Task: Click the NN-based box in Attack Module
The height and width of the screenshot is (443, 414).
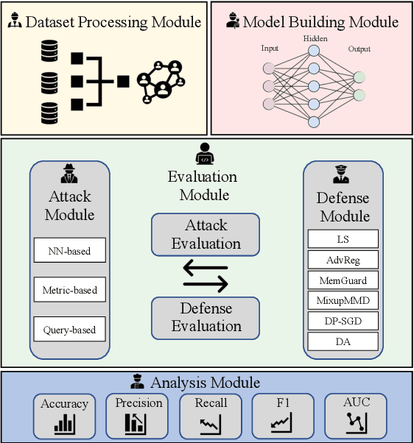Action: click(70, 251)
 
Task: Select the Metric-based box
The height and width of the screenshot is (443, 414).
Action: click(70, 290)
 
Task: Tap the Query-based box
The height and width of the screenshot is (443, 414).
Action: click(70, 329)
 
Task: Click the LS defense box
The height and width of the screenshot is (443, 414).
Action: click(343, 238)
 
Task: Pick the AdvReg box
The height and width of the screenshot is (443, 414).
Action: click(343, 259)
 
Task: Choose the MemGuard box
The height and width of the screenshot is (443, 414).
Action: click(343, 280)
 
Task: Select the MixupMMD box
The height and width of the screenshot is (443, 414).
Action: click(343, 300)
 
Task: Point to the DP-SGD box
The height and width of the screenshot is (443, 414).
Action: click(343, 321)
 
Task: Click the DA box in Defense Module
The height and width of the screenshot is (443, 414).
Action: click(343, 341)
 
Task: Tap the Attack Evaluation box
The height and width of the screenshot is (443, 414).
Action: click(206, 234)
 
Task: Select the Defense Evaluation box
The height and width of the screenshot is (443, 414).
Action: click(206, 317)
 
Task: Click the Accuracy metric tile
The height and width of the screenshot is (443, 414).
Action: click(65, 414)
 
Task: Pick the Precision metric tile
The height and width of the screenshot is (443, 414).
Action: click(138, 414)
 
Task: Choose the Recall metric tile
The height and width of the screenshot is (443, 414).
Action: click(211, 414)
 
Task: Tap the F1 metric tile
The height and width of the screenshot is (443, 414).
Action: click(282, 414)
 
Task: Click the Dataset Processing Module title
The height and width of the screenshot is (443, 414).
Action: click(113, 21)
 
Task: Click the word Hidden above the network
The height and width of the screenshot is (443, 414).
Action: click(315, 38)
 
